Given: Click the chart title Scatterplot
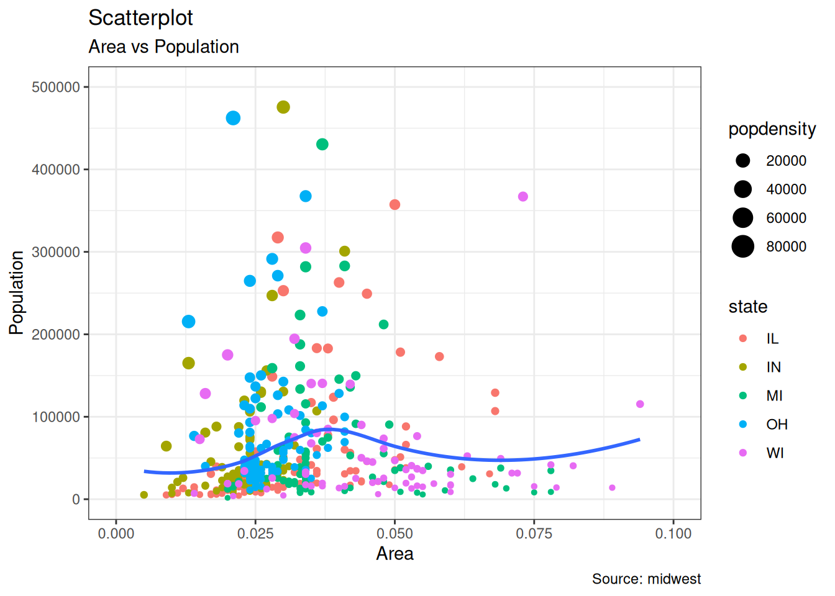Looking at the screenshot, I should point(140,18).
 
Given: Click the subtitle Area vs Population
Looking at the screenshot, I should point(163,47).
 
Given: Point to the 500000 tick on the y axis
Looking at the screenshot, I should point(56,88).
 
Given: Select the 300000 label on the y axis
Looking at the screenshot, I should point(56,252).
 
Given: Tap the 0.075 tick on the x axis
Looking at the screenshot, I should point(534,533).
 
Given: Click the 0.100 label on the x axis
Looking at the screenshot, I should point(673,533).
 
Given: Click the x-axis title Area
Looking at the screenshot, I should point(395,554).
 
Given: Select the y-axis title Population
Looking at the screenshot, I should point(17,292).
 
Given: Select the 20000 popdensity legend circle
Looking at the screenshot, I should point(742,161).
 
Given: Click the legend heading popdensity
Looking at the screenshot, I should point(772,129).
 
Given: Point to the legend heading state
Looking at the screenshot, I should point(747,307).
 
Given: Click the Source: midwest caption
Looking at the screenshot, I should point(646,579).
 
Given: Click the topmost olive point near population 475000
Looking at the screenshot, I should point(283,107).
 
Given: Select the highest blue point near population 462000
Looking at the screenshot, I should point(233,118).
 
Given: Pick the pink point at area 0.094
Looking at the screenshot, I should point(640,404).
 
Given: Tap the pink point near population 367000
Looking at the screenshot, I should point(522,197).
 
